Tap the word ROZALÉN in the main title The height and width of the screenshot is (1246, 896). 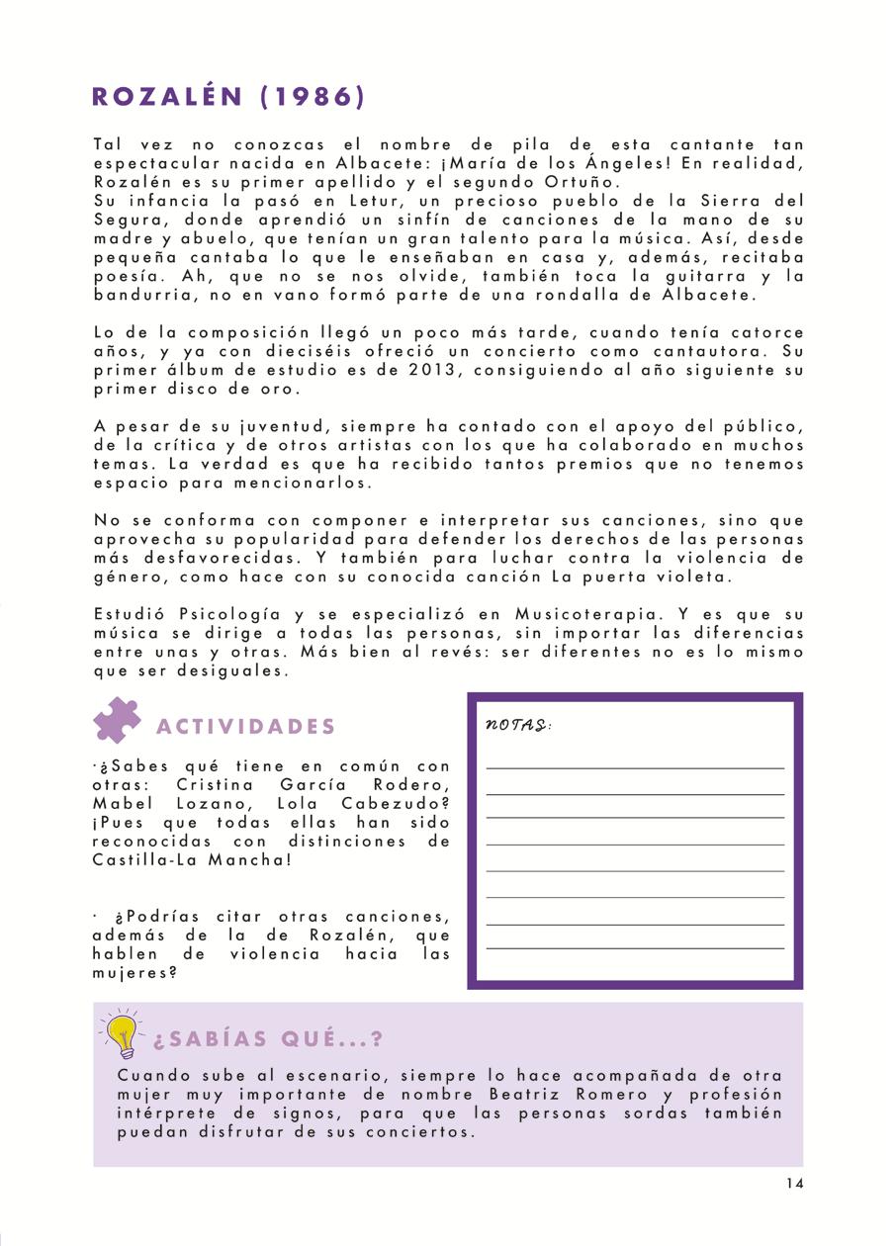coord(167,96)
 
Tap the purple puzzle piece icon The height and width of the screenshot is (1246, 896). coord(117,721)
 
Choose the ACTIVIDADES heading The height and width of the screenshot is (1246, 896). coord(246,727)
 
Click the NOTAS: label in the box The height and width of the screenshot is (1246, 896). coord(518,725)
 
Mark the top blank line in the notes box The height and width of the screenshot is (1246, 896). coord(635,767)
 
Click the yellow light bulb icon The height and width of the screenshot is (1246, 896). coord(122,1033)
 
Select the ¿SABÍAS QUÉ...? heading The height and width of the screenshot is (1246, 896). coord(268,1039)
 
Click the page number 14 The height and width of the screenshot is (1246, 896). coord(795,1184)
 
